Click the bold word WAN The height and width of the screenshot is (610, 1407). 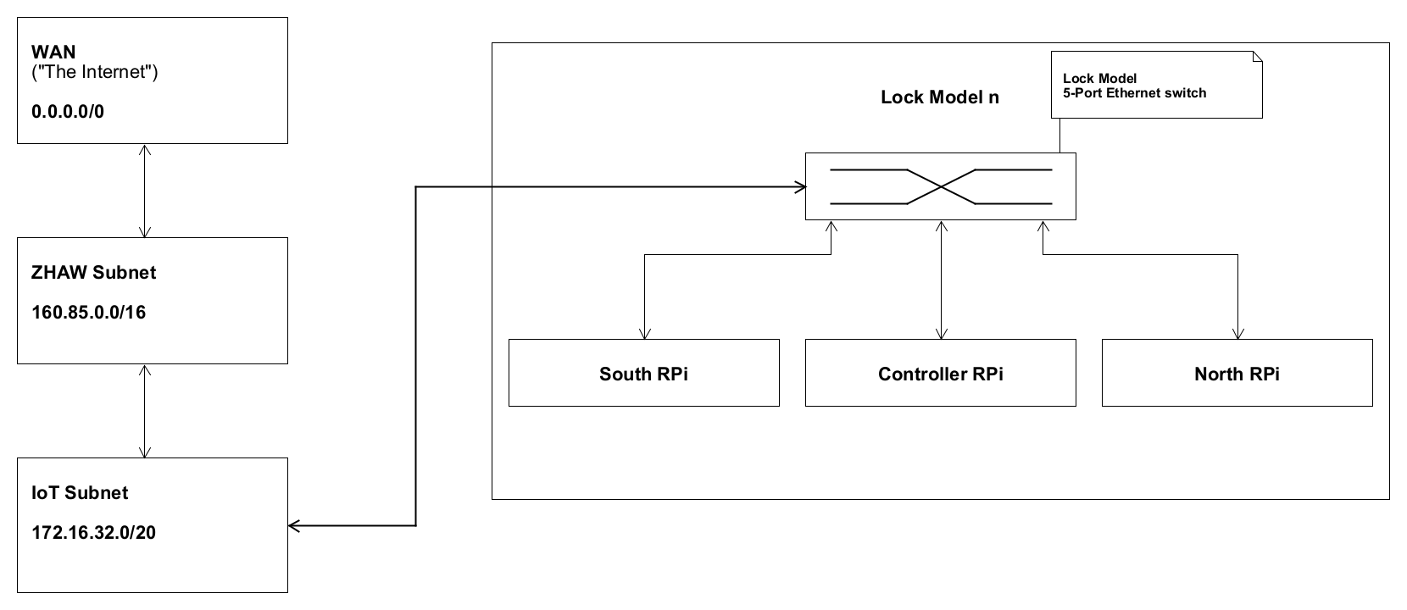(x=53, y=53)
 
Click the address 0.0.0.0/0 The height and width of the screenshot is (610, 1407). (x=68, y=112)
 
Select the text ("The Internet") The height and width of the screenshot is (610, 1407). (x=94, y=72)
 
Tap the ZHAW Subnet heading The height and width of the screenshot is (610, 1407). (x=93, y=273)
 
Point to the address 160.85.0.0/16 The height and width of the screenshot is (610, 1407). (x=88, y=313)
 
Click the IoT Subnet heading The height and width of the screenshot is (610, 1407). (x=80, y=493)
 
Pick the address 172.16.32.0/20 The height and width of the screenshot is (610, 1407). (x=93, y=533)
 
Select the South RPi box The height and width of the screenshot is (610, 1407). (x=643, y=374)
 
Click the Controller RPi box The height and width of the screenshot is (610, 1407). (x=940, y=374)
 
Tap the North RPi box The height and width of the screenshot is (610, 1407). (x=1237, y=374)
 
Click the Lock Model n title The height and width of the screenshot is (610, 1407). (x=940, y=97)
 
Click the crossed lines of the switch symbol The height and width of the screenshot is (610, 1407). (x=941, y=187)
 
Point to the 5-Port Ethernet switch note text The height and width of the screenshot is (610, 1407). (x=1134, y=92)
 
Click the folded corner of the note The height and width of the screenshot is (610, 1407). (x=1257, y=57)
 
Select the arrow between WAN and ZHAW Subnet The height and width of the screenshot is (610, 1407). (x=145, y=191)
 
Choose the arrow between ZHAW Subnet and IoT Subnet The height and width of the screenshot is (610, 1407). (x=145, y=411)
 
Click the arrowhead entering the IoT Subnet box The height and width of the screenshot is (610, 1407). (x=293, y=526)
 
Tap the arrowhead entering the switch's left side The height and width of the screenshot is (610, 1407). (x=799, y=187)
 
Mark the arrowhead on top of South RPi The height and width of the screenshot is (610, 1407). (x=645, y=333)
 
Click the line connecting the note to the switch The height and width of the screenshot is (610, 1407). (x=1059, y=136)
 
